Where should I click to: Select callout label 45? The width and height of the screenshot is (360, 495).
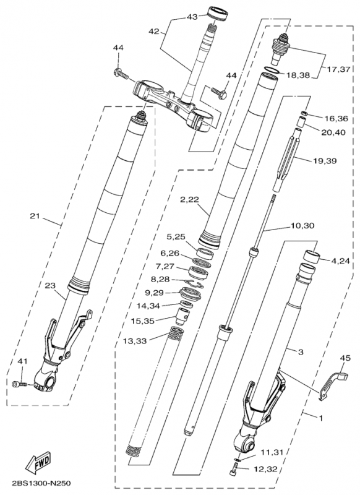pos(346,358)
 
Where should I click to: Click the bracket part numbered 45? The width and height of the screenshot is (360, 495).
pos(332,385)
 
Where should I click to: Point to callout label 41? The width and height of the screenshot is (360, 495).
pos(21,360)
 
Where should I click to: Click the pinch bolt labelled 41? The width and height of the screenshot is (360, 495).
pos(20,384)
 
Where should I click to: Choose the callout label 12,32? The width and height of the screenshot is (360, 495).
pos(265,470)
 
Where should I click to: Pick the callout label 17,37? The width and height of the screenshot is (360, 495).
pos(338,69)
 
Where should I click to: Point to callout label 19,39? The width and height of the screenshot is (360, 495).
pos(325,161)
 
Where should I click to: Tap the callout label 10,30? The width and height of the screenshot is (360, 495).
pos(302,226)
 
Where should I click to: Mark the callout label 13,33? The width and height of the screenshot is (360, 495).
pos(135,341)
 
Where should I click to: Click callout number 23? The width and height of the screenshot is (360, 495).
pos(50,285)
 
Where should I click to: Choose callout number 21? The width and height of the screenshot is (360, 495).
pos(35,216)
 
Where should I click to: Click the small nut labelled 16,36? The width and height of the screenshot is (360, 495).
pos(304,114)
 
